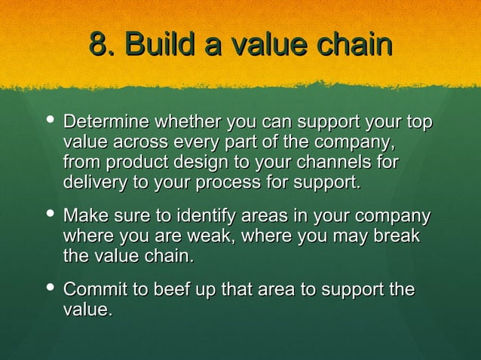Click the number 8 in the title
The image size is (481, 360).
[97, 44]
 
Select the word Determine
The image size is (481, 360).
[106, 122]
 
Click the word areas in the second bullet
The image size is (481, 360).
[270, 217]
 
